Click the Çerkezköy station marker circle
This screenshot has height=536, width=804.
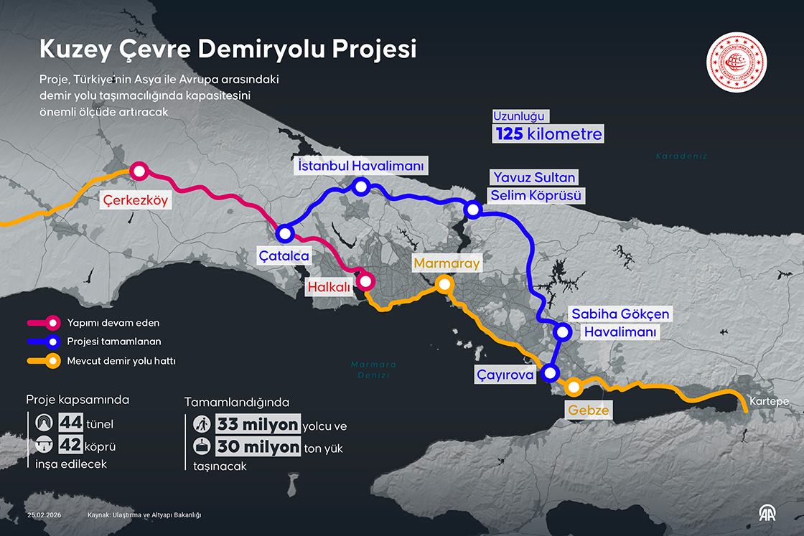[x=139, y=171]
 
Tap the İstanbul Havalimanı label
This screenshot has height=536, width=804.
[x=360, y=166]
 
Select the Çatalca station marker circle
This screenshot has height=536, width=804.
[x=285, y=233]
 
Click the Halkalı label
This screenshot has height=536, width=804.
[x=328, y=287]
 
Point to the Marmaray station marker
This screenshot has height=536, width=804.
[x=444, y=284]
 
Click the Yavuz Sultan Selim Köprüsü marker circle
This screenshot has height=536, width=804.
[x=472, y=210]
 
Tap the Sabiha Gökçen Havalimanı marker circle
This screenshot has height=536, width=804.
[x=563, y=332]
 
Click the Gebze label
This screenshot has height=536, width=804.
[x=589, y=411]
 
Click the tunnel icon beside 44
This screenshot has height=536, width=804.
[x=44, y=423]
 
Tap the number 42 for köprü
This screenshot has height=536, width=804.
[x=70, y=446]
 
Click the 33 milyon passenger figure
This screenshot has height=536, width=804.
[x=258, y=425]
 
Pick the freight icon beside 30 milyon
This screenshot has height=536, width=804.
[x=202, y=446]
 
